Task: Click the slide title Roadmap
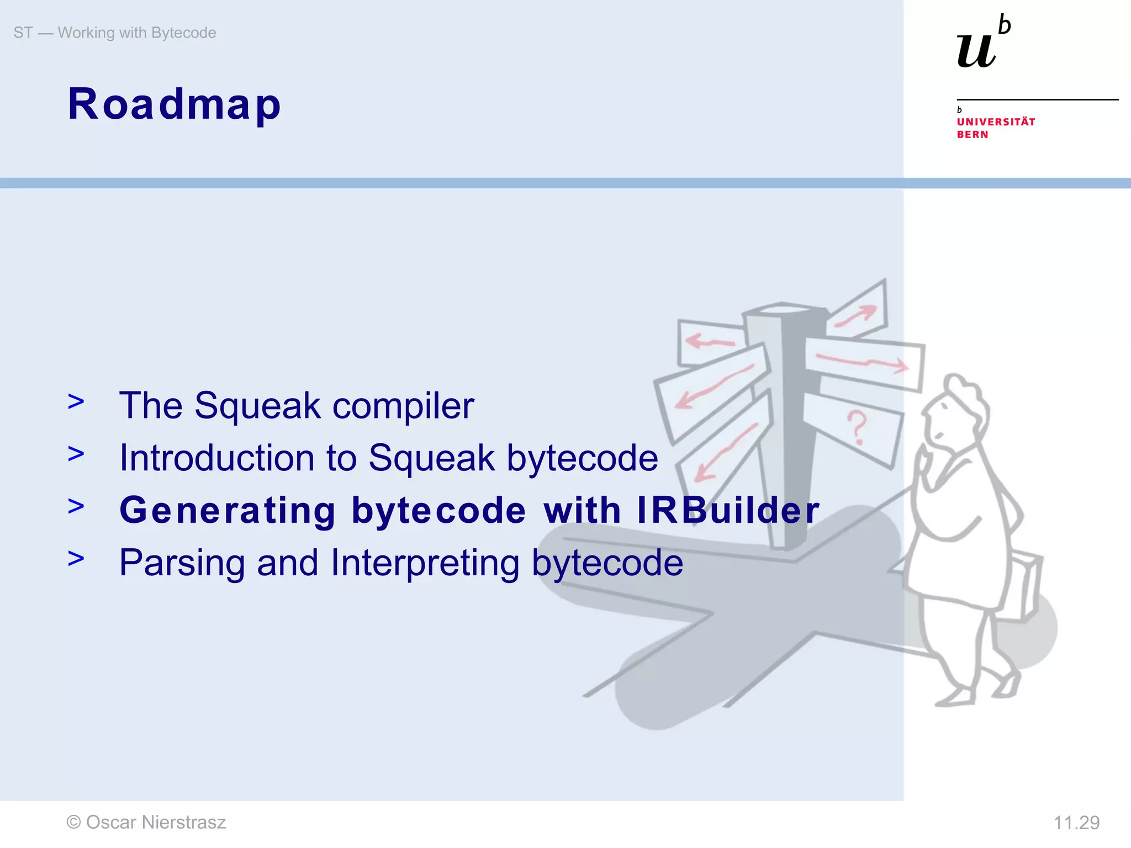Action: (x=175, y=104)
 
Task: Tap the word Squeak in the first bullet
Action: (x=257, y=406)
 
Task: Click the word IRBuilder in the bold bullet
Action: (x=728, y=510)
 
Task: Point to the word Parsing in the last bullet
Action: (x=182, y=563)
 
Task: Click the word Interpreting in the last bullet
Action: (x=425, y=563)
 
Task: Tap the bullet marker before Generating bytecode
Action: (x=76, y=506)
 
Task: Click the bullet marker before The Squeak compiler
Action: (x=76, y=402)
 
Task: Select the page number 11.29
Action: (x=1076, y=823)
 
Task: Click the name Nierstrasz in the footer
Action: (x=183, y=823)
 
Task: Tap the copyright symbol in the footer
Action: (x=73, y=823)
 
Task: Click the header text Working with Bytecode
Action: (x=137, y=33)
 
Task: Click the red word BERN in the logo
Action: (x=973, y=135)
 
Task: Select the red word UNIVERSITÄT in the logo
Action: (x=996, y=122)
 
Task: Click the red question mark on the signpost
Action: (x=857, y=427)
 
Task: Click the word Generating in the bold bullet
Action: (x=228, y=510)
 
